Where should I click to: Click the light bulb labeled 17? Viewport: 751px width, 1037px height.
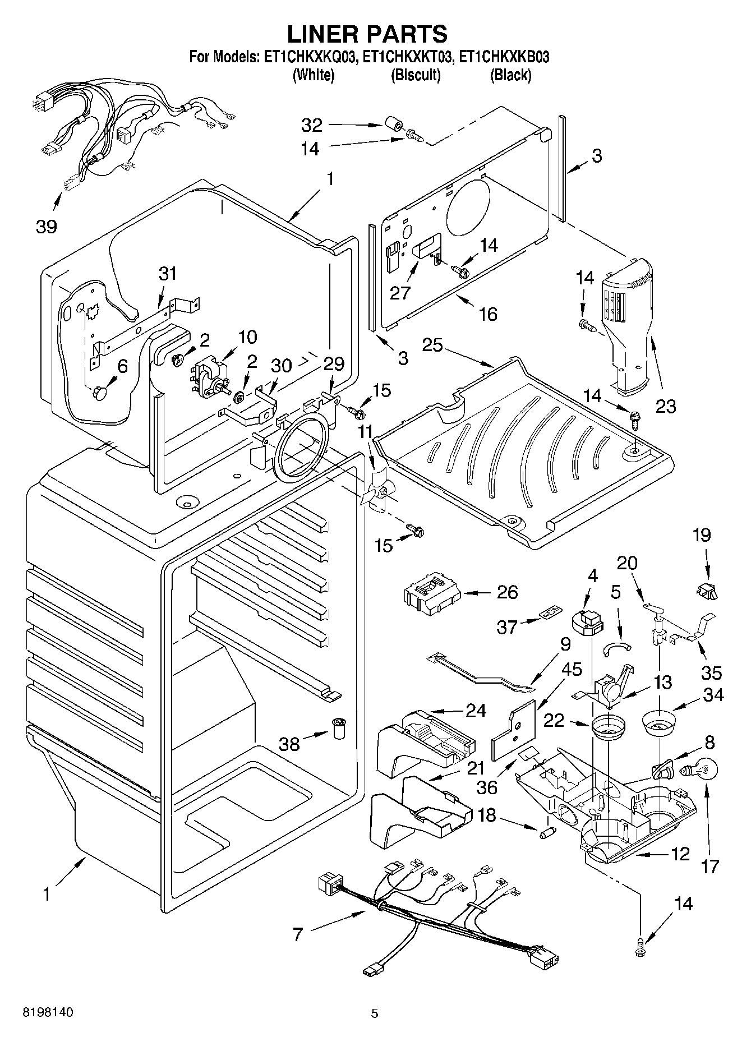[695, 771]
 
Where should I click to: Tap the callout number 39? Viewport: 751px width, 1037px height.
[47, 227]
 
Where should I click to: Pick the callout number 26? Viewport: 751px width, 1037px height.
[507, 592]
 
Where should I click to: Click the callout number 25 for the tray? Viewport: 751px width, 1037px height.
[432, 345]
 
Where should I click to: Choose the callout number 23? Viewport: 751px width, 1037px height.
[666, 405]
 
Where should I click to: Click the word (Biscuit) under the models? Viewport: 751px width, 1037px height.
[416, 75]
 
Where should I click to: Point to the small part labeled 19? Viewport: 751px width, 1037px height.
[708, 590]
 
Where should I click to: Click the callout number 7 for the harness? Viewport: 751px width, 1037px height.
[298, 934]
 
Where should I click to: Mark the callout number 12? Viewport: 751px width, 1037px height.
[680, 854]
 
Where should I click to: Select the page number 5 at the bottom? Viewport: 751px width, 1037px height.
[375, 1013]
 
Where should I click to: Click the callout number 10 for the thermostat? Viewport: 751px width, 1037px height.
[247, 337]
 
